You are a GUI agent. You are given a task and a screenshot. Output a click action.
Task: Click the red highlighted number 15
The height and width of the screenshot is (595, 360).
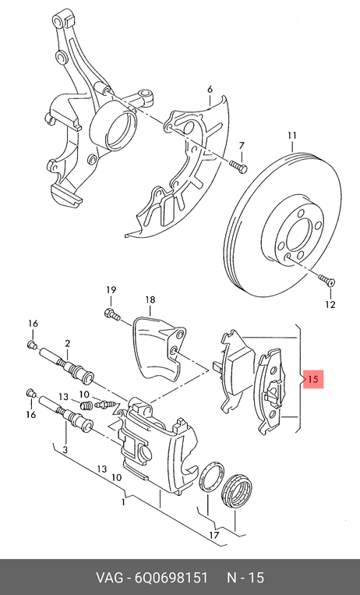coord(313,379)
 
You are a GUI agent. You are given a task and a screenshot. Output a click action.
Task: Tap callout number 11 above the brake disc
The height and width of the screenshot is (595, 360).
coord(291,136)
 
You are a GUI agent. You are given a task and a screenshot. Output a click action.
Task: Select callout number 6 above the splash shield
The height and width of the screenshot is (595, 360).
coord(210,90)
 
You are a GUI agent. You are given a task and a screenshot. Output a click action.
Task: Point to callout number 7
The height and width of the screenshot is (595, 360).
coord(242,146)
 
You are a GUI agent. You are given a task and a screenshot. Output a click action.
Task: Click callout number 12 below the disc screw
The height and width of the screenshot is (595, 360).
coord(330,304)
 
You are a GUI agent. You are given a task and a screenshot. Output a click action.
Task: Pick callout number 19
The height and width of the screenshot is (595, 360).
coord(111,290)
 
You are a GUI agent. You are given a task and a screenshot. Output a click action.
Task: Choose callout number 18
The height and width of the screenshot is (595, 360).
coord(150,300)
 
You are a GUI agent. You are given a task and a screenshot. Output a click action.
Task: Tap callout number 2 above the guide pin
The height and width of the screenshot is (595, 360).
coord(67,344)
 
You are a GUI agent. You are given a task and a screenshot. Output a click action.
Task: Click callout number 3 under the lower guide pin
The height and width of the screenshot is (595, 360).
coord(65,450)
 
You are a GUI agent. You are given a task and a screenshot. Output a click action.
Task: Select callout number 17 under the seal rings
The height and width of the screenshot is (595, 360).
coord(214,536)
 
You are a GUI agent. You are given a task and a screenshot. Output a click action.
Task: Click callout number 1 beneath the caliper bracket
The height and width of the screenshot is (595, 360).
coord(123,502)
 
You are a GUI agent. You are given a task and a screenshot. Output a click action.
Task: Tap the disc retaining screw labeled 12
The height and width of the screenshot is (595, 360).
coord(327,280)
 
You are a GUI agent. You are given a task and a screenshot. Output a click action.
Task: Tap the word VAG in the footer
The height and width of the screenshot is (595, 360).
coord(109,578)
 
